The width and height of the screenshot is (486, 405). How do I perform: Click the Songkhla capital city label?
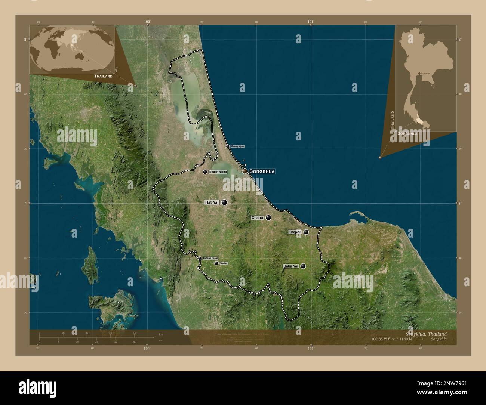pos(262,171)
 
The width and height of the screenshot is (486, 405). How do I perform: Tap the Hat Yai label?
pos(212,202)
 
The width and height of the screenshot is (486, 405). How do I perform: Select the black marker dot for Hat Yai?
pos(224,202)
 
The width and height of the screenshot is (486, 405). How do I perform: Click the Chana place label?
pos(257,217)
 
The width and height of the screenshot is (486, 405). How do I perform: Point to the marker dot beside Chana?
pos(268,217)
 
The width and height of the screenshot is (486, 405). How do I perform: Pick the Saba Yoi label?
pos(291,266)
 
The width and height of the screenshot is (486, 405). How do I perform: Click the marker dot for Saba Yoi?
pos(303,266)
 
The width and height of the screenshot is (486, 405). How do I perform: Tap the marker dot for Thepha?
pos(306,232)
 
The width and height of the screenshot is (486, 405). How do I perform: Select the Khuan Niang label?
pos(218,172)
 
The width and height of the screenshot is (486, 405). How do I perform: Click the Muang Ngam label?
pos(238,146)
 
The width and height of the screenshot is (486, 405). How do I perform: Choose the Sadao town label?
pos(224,263)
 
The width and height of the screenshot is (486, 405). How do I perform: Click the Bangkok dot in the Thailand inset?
pos(420,74)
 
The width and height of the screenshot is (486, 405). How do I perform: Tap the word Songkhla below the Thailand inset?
pos(407,133)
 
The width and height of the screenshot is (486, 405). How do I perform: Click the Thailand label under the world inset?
pos(104,76)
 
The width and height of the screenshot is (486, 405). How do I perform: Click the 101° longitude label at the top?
pos(310,22)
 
